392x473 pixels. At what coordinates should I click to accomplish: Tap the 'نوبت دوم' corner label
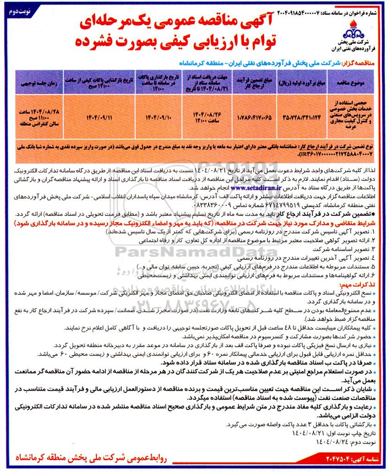18,9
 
